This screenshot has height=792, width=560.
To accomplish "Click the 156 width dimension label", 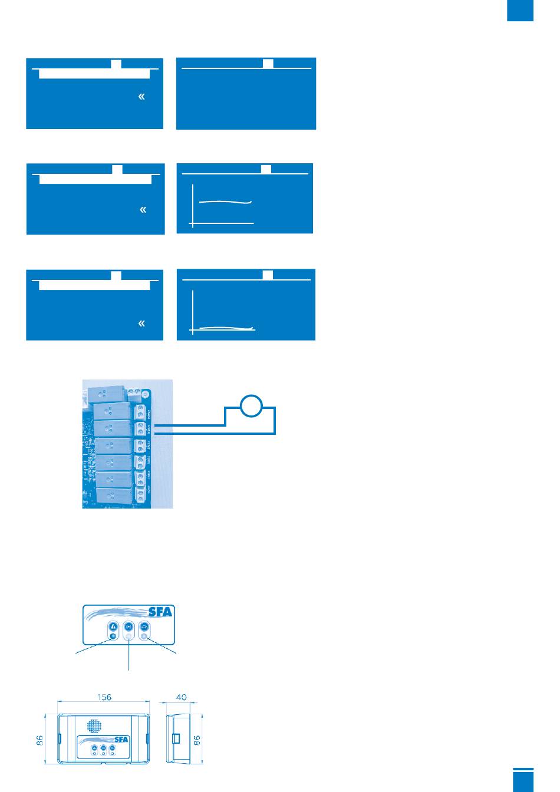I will coord(104,697).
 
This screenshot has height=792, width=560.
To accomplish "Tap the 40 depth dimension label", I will coord(182,697).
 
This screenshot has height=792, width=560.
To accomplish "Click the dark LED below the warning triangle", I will coord(113,637).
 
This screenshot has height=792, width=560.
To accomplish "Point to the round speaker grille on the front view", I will coord(93,725).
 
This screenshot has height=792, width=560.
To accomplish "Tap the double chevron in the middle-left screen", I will coord(142,210).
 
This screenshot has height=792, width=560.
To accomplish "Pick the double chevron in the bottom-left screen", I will coord(141,324).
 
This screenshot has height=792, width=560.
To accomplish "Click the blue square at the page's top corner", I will coord(520,11).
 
